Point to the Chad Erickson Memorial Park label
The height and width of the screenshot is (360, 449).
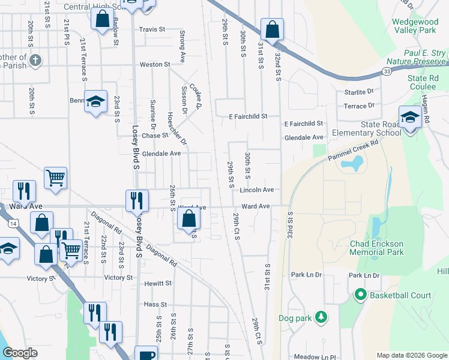[377, 248]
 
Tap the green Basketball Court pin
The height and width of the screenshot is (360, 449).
[360, 295]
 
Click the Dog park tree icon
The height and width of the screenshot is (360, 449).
[321, 316]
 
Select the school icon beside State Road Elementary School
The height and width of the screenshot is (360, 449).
[410, 118]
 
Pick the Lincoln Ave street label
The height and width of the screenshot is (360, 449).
[256, 190]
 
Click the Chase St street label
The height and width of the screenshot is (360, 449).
[155, 136]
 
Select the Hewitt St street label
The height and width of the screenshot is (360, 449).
[158, 283]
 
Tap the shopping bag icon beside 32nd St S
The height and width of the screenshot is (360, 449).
[272, 29]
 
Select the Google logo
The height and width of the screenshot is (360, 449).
[20, 353]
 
